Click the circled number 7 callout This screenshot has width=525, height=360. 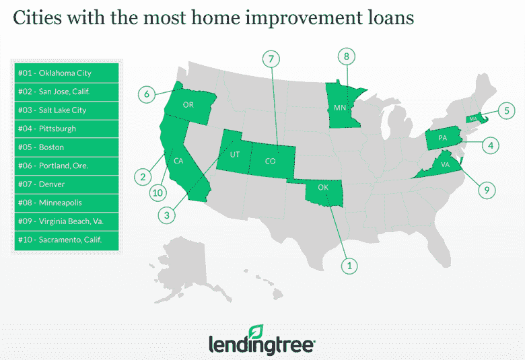tap(271, 59)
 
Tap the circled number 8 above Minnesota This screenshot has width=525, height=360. tap(346, 57)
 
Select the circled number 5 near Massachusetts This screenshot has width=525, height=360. tap(506, 110)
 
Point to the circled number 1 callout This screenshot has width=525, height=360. tap(349, 266)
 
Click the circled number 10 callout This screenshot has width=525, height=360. tap(157, 192)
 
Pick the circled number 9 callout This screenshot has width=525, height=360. tap(487, 190)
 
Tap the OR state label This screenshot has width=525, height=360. tap(188, 105)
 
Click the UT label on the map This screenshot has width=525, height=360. tap(235, 154)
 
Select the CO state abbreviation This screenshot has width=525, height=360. tap(270, 161)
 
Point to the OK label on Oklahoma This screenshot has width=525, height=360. tap(323, 187)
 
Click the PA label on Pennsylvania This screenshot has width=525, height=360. tap(443, 138)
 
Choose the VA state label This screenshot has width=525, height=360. tap(446, 164)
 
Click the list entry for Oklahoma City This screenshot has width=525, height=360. tap(67, 73)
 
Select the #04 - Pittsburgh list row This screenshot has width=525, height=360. tap(67, 129)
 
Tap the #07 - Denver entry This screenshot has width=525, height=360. tap(67, 184)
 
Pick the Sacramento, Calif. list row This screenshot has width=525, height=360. tap(67, 240)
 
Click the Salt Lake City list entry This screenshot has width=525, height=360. tap(67, 110)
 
